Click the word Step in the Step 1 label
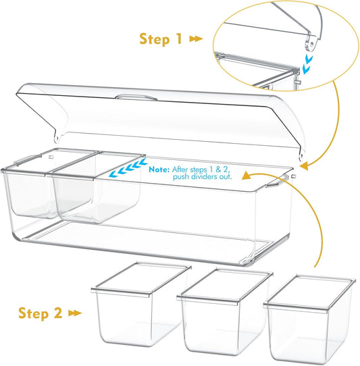[154, 39]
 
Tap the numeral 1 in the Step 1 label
[179, 38]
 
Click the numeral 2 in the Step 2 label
[58, 313]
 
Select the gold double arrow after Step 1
[196, 38]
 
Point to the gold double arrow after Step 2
[75, 313]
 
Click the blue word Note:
[159, 169]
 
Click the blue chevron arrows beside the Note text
[128, 168]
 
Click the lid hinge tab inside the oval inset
[311, 43]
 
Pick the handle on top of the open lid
[136, 97]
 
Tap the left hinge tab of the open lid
[57, 136]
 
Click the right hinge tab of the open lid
[302, 154]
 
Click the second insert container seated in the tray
[97, 188]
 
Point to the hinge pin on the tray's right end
[294, 176]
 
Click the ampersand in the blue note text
[218, 169]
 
